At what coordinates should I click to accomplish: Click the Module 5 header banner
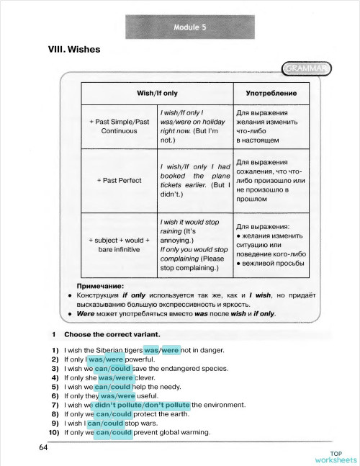[190, 28]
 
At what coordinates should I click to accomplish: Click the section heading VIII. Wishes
[73, 50]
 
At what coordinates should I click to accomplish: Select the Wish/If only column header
[157, 94]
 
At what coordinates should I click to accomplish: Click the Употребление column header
[271, 94]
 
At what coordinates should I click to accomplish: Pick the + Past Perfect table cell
[119, 180]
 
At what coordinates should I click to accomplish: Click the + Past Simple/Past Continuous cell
[119, 127]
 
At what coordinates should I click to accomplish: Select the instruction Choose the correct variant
[112, 335]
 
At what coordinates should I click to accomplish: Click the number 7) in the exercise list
[54, 405]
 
